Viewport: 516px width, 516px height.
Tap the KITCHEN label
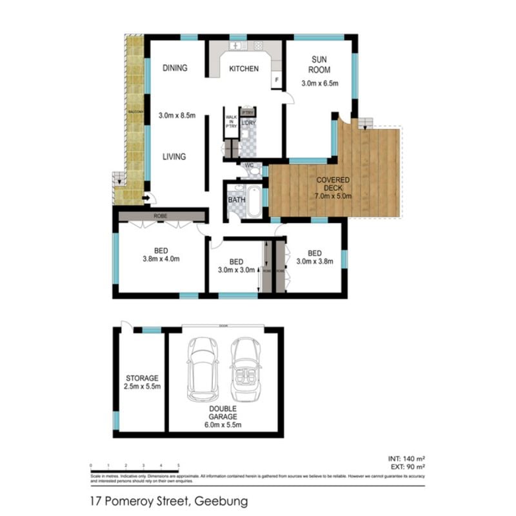[x=244, y=68]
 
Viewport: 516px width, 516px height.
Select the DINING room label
[x=175, y=68]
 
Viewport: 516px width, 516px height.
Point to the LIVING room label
[x=174, y=156]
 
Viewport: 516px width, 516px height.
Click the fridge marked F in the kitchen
[x=277, y=80]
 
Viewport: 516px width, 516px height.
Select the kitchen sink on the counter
[x=235, y=46]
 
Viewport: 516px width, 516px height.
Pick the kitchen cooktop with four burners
[x=258, y=46]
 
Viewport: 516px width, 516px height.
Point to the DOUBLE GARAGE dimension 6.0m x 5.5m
[x=223, y=426]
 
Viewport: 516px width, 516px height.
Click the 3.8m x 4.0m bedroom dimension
[x=162, y=259]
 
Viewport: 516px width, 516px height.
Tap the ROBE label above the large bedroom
[x=161, y=217]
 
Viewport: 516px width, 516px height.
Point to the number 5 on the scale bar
[x=178, y=464]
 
